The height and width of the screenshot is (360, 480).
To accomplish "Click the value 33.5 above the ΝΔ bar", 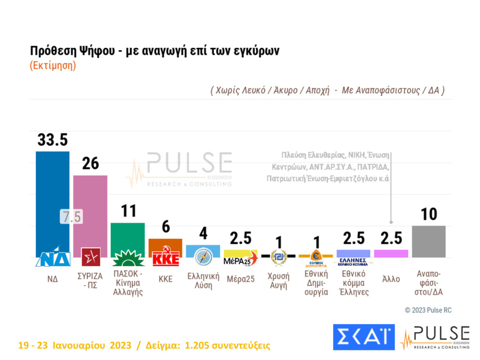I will click(52, 140).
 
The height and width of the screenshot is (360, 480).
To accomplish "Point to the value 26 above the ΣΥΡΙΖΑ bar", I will click(90, 164).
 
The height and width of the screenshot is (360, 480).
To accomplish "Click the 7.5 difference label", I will click(71, 217).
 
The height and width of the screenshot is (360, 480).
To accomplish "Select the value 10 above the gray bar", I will click(429, 214).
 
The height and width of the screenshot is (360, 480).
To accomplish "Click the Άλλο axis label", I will click(391, 279).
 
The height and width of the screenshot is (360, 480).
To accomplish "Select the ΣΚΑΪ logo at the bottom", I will click(363, 337).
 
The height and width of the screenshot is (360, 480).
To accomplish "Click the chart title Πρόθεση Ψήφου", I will click(154, 51).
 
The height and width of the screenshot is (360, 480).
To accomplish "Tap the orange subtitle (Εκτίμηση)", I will click(52, 65).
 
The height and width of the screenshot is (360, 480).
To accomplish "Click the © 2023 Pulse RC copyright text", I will click(428, 310).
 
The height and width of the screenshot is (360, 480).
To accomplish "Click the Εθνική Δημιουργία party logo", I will click(315, 256).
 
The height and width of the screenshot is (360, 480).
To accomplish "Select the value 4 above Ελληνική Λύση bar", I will click(203, 233).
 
